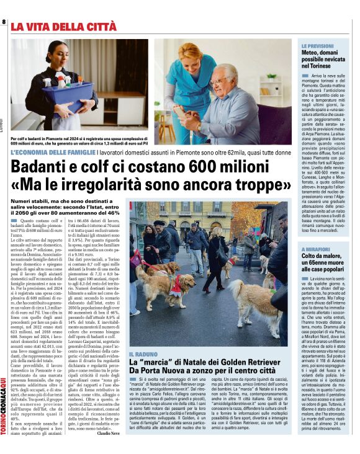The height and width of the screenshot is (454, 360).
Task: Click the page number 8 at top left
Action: [4, 22]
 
